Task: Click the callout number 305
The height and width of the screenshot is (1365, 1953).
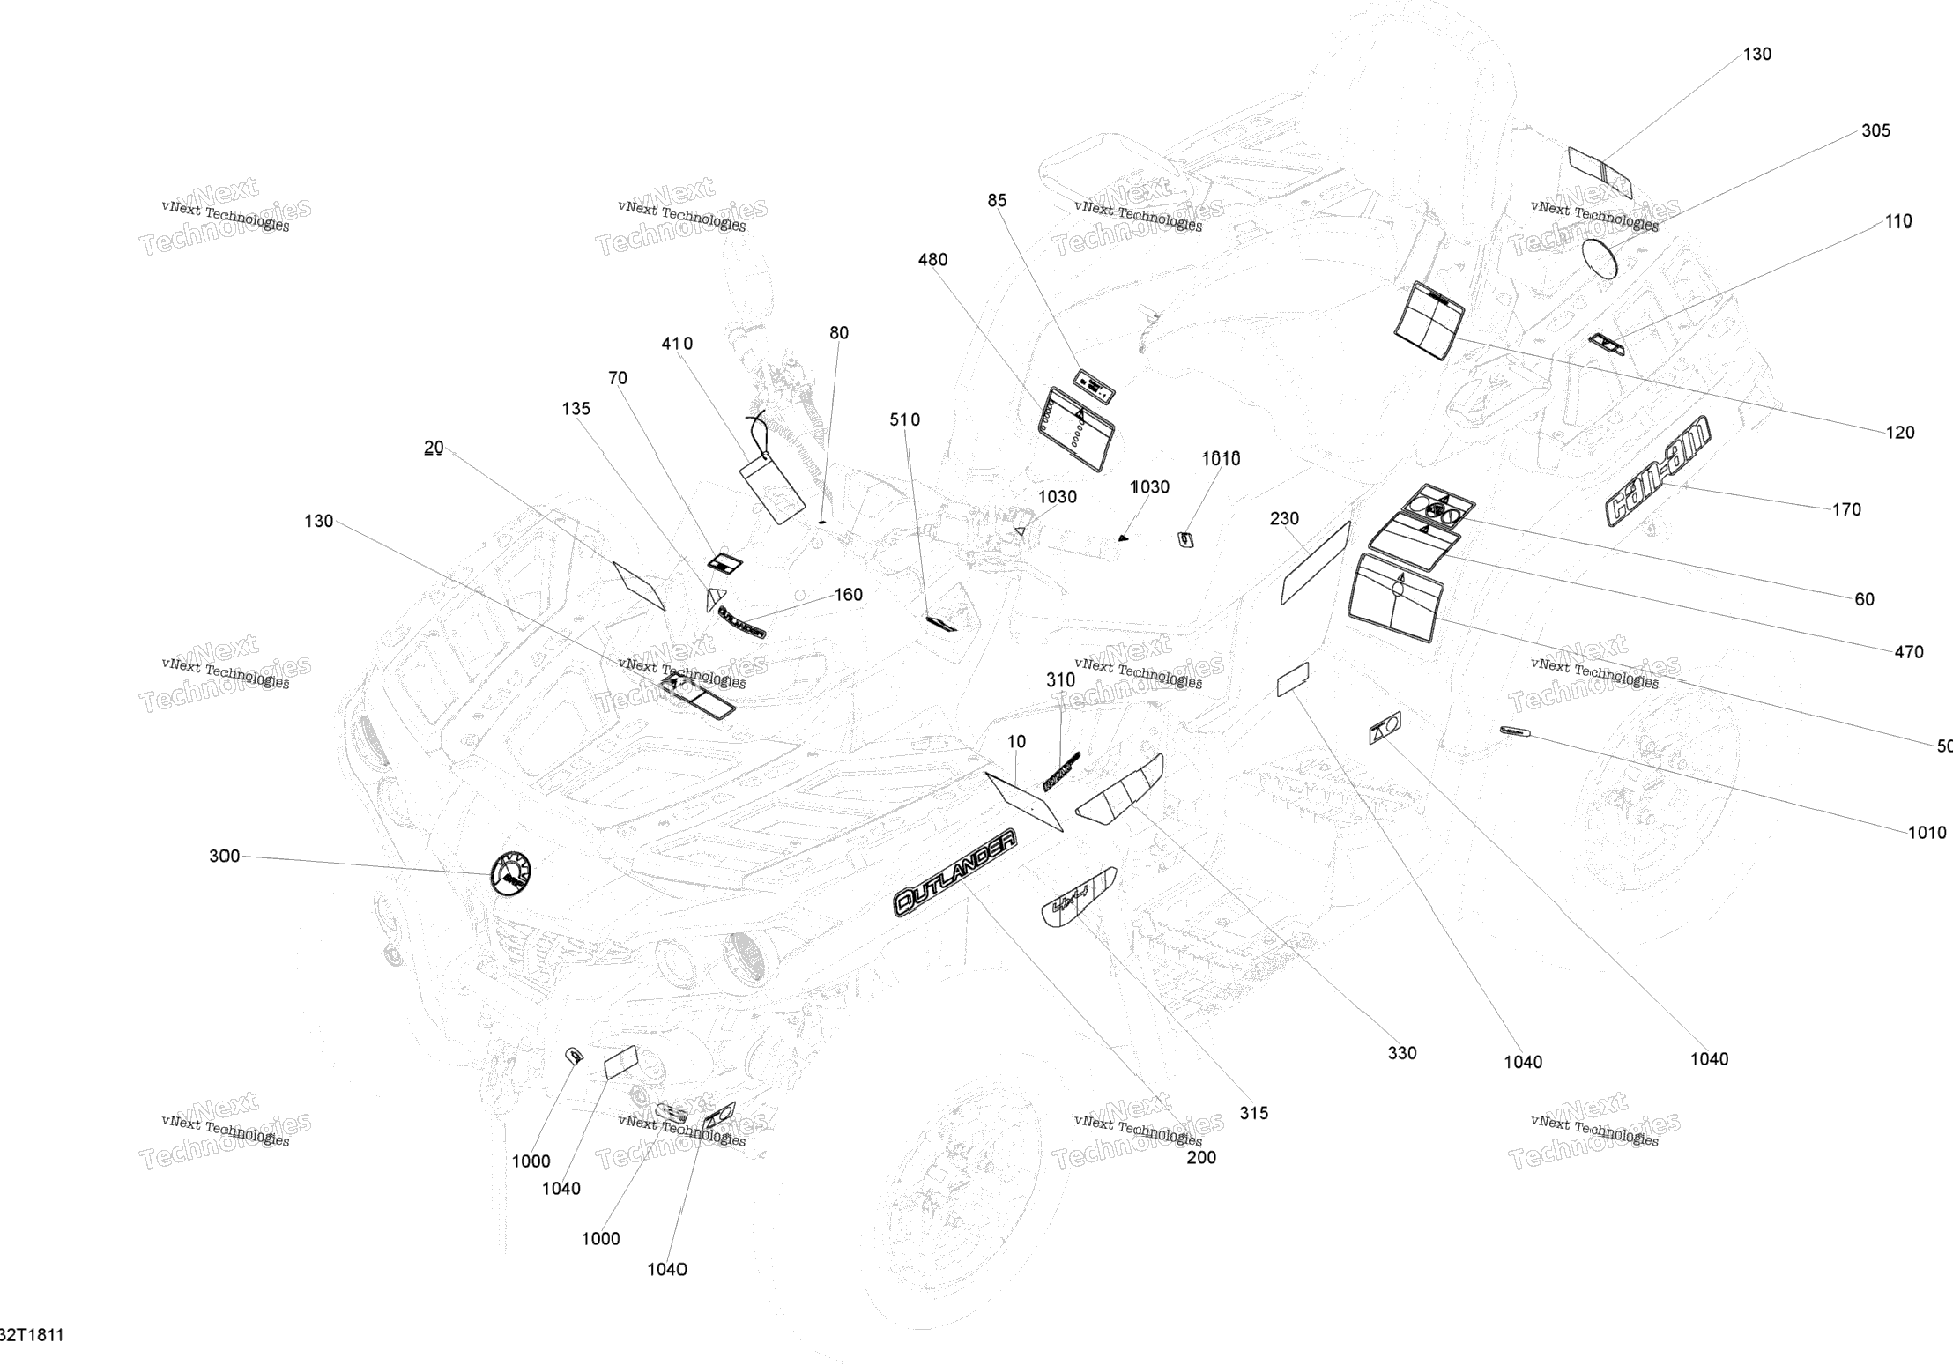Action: [1875, 131]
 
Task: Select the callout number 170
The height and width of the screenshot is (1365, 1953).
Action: [1846, 509]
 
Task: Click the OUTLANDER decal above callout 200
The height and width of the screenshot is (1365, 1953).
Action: [954, 872]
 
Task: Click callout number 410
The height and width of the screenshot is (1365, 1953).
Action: [677, 344]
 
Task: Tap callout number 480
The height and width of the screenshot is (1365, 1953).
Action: [932, 260]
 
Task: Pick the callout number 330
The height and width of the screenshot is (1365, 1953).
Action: [1402, 1053]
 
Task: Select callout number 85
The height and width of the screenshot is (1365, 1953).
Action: [997, 201]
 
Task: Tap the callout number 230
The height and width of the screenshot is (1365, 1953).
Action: [1284, 519]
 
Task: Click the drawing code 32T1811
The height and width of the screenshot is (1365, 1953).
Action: [32, 1335]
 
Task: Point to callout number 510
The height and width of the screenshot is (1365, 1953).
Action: [904, 420]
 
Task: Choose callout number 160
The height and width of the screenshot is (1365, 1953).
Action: [848, 595]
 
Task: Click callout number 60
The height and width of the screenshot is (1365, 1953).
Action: [1864, 599]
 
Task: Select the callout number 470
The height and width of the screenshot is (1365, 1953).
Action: [1909, 652]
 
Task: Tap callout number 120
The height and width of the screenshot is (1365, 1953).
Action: [1900, 433]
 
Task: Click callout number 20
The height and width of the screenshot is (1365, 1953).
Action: [434, 449]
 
